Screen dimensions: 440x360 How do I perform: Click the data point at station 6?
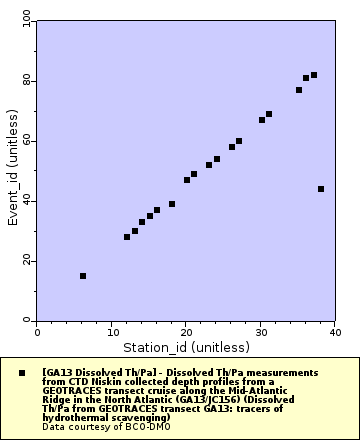click(82, 276)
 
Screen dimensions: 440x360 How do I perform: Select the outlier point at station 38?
click(321, 189)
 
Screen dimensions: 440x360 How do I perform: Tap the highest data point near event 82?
click(314, 75)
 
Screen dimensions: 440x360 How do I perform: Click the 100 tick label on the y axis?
click(25, 20)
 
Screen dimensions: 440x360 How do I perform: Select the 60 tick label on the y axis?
click(27, 140)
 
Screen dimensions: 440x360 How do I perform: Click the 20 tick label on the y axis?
click(27, 260)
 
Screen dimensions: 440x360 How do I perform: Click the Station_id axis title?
click(186, 347)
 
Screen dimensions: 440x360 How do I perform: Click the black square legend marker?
click(22, 372)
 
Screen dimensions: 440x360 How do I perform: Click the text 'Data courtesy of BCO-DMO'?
click(106, 427)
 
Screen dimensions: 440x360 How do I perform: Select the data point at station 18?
click(172, 204)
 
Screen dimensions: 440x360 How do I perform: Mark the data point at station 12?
click(127, 237)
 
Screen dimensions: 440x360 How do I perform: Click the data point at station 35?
click(299, 90)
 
